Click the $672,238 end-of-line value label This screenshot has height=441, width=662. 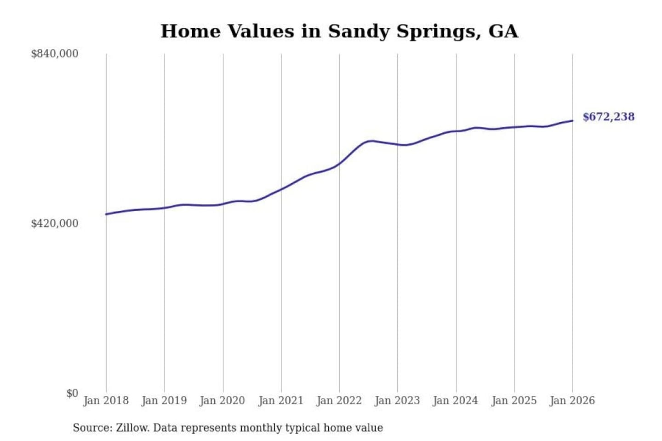608,117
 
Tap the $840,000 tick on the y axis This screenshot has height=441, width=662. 55,54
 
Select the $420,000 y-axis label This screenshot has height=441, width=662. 55,223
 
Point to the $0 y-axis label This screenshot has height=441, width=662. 72,393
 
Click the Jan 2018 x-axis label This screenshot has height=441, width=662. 106,401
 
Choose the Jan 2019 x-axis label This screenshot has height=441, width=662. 164,401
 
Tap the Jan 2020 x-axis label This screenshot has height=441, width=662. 223,401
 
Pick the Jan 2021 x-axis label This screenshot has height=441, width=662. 281,401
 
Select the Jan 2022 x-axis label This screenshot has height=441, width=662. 339,401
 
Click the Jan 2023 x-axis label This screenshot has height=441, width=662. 397,401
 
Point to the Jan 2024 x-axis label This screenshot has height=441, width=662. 456,401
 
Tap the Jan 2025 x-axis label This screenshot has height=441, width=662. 514,401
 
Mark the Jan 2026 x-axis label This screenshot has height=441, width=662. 572,401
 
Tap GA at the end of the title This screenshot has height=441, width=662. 503,31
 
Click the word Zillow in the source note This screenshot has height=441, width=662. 132,428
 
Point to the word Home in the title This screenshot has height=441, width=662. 190,31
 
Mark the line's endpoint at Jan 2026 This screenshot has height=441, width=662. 572,121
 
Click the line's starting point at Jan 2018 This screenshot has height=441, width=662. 106,214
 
